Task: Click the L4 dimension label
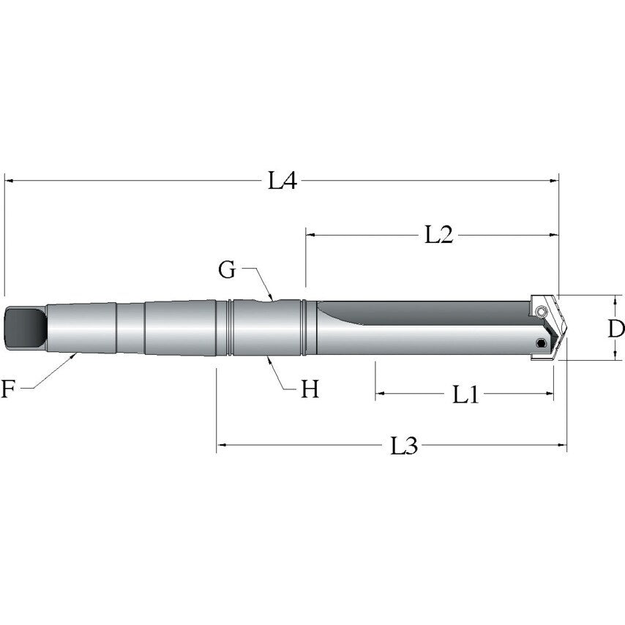[282, 181]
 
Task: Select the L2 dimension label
[439, 234]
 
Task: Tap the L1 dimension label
[465, 395]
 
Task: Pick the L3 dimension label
[403, 445]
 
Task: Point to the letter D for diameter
[615, 328]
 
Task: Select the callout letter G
[228, 269]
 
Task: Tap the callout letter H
[310, 389]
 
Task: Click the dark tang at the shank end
[23, 328]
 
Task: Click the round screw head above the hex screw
[541, 313]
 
